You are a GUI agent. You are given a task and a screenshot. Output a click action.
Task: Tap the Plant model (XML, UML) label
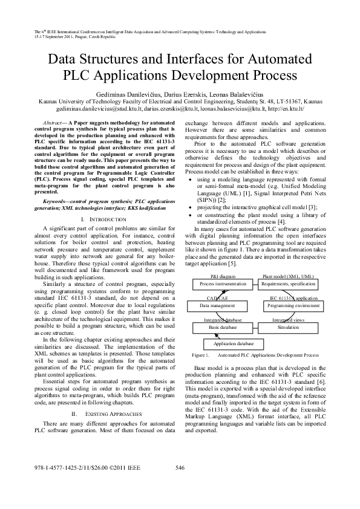point(288,276)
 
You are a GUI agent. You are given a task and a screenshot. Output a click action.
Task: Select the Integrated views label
point(288,320)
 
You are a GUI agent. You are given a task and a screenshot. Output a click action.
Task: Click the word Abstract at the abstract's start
point(53,122)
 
